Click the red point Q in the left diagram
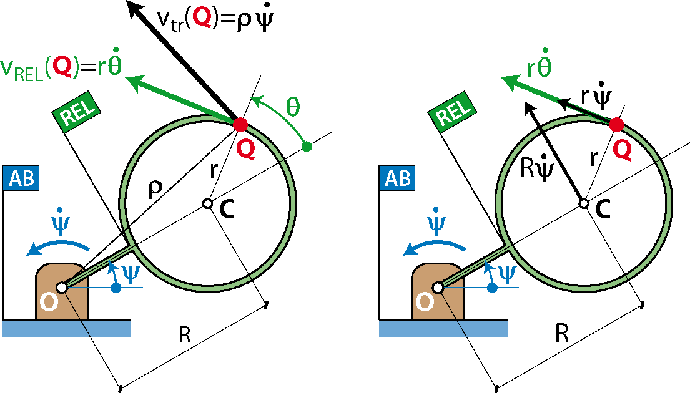(x=240, y=124)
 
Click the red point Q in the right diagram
(x=616, y=125)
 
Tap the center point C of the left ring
(x=208, y=203)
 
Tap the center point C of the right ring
(x=583, y=203)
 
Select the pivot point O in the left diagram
(x=62, y=288)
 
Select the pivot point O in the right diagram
(x=438, y=288)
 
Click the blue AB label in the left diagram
(x=21, y=178)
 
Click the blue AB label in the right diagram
(x=397, y=178)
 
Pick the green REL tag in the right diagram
(x=453, y=112)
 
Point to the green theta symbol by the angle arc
(x=293, y=106)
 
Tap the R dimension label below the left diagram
(x=185, y=334)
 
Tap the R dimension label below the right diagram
(x=562, y=334)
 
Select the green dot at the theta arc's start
(x=307, y=147)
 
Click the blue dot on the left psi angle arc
(x=116, y=288)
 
